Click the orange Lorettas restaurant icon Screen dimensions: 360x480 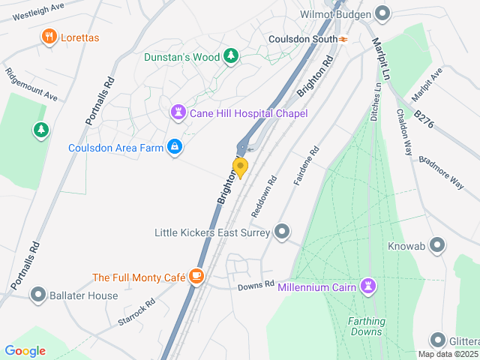pos(49,37)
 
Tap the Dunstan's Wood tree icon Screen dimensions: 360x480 pos(232,56)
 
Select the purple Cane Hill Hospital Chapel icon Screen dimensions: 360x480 pos(178,112)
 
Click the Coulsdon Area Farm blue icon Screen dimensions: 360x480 pos(174,147)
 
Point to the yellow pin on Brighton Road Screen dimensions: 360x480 pos(240,167)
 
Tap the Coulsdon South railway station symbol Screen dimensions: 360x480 pos(343,39)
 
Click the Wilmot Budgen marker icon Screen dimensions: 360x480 pos(382,13)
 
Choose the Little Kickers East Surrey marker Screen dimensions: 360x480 pos(282,232)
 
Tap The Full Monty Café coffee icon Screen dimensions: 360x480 pos(196,277)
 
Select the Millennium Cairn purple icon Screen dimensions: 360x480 pos(368,286)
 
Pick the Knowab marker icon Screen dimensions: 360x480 pos(437,245)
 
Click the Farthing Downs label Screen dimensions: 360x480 pos(367,326)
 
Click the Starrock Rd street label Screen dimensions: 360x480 pos(136,311)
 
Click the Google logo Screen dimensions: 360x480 pos(25,351)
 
